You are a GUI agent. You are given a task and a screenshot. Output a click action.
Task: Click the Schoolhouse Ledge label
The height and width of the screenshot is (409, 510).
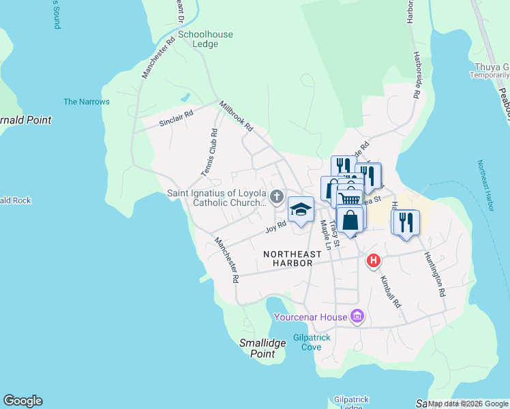tap(205, 39)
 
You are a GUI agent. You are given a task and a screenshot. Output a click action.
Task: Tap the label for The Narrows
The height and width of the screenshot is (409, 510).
tap(87, 102)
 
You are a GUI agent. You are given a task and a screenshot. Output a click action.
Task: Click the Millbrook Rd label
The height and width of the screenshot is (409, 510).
tap(236, 117)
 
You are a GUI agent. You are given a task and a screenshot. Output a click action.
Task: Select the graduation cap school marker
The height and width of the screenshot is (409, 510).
tap(300, 209)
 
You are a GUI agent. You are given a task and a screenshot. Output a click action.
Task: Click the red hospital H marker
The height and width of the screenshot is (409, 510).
tap(374, 260)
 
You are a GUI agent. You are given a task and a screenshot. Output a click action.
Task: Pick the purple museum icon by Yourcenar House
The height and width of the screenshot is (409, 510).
tap(357, 316)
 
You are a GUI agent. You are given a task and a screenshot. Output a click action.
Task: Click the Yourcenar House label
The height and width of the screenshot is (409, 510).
tap(310, 317)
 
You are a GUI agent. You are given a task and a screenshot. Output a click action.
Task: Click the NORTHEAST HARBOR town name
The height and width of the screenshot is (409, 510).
tap(288, 258)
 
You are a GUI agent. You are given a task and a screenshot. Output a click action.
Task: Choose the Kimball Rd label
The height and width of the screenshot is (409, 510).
tap(389, 291)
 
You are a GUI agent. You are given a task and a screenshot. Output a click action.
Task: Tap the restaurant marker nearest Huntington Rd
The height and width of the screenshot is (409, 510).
tap(405, 222)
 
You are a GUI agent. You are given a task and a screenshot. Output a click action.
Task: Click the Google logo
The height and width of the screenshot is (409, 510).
tap(22, 401)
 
